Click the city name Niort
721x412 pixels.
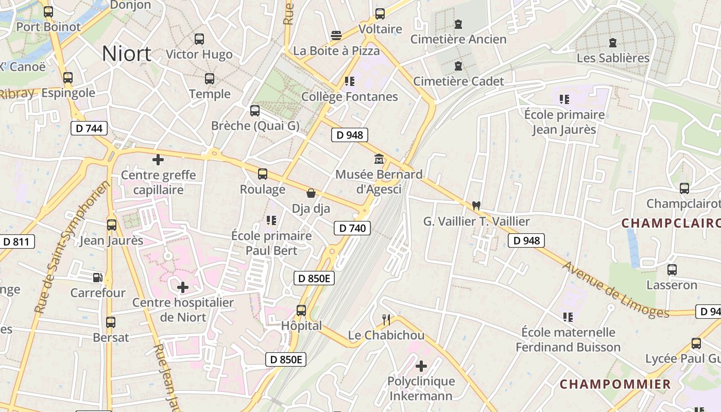click(127, 54)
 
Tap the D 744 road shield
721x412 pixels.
click(89, 128)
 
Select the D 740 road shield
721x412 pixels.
click(352, 228)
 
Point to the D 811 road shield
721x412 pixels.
click(17, 242)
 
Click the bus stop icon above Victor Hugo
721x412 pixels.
click(199, 39)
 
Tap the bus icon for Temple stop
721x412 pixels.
click(210, 79)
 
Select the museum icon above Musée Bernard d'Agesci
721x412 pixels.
click(379, 159)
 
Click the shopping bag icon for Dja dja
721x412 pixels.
click(311, 194)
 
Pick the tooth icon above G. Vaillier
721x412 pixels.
click(476, 205)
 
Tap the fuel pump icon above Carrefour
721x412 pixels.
click(98, 278)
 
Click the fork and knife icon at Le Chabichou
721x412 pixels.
click(386, 320)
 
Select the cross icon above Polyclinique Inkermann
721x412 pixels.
click(421, 366)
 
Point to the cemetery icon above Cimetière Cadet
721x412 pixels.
click(458, 66)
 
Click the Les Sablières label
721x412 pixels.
click(613, 58)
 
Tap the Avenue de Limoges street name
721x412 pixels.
click(615, 290)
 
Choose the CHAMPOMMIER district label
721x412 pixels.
click(615, 384)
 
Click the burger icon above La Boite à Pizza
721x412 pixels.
click(336, 36)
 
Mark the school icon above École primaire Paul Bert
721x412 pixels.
click(271, 220)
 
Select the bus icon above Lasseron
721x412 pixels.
click(672, 269)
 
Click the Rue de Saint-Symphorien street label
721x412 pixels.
click(73, 247)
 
